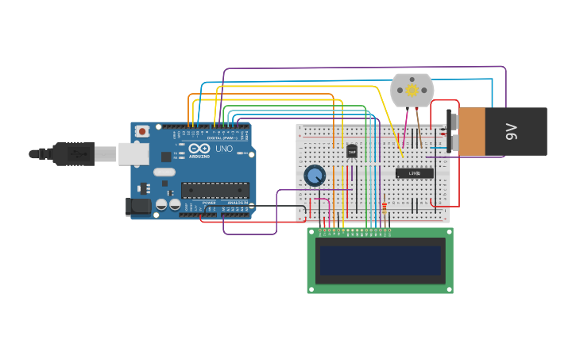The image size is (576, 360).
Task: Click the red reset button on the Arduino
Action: pyautogui.click(x=142, y=131)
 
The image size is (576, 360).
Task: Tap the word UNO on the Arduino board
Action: pyautogui.click(x=224, y=149)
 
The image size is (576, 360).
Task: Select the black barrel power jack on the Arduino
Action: pyautogui.click(x=138, y=207)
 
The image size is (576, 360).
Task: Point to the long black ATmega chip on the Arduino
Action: pyautogui.click(x=215, y=190)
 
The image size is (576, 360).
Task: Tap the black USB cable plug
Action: pyautogui.click(x=75, y=153)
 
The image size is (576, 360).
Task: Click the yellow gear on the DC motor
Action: pyautogui.click(x=412, y=91)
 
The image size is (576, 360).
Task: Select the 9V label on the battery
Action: pyautogui.click(x=513, y=132)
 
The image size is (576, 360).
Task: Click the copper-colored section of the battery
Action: pyautogui.click(x=471, y=132)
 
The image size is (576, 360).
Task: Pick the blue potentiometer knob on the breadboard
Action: pyautogui.click(x=315, y=176)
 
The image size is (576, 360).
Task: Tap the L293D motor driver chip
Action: pyautogui.click(x=414, y=173)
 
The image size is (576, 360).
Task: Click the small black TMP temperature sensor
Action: pyautogui.click(x=351, y=151)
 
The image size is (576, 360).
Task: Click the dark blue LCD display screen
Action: pyautogui.click(x=380, y=260)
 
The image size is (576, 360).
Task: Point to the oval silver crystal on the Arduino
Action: pyautogui.click(x=164, y=172)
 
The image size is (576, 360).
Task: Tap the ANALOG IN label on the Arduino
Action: pyautogui.click(x=238, y=203)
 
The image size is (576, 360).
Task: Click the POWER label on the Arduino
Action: pyautogui.click(x=209, y=203)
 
